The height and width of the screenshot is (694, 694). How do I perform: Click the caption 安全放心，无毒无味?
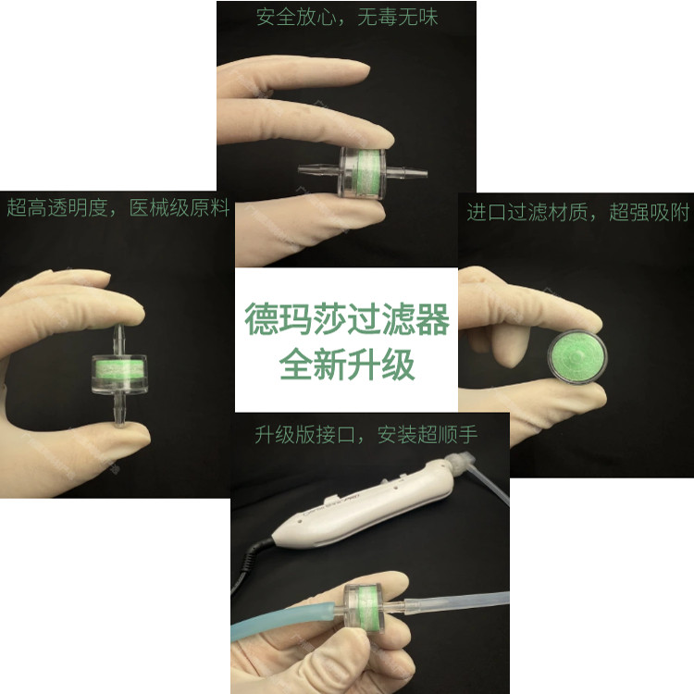pos(346,18)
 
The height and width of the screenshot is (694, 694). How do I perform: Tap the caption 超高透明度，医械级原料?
pos(118,206)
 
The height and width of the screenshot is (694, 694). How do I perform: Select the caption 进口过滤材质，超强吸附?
pos(577,213)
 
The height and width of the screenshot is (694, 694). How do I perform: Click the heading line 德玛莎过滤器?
pos(346,320)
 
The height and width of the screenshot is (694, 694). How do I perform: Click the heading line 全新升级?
pos(346,364)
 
